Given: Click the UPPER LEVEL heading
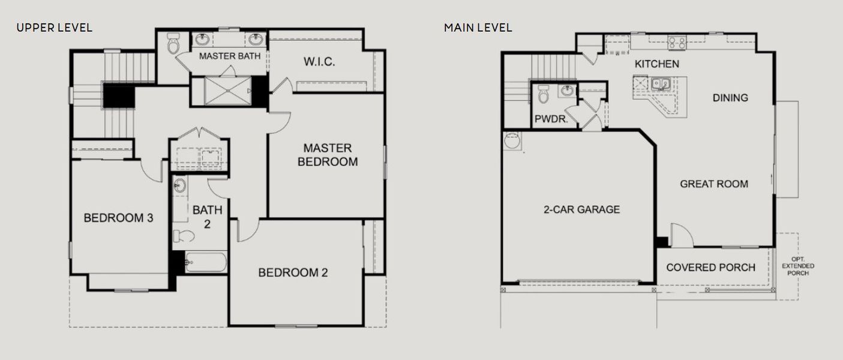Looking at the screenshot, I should tap(54, 28).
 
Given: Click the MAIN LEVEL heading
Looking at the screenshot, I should tap(478, 28).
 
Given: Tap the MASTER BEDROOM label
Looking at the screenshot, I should tap(327, 154).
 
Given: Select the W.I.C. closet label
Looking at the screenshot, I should tap(319, 62).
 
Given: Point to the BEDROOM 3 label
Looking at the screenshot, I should tap(118, 218).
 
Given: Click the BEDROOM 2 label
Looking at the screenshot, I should tap(293, 272).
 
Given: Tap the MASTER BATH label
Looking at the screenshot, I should tap(230, 56).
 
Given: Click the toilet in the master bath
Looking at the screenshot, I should tap(173, 44).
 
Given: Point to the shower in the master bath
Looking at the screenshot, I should tap(227, 91).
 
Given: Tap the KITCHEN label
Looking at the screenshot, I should tap(657, 64).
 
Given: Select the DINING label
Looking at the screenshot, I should tap(730, 98).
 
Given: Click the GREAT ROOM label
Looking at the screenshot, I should tap(714, 184).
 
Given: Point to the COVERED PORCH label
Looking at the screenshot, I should tap(710, 268).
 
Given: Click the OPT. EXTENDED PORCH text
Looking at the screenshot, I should tap(799, 266).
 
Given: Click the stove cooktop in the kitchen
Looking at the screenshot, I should tap(677, 42).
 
